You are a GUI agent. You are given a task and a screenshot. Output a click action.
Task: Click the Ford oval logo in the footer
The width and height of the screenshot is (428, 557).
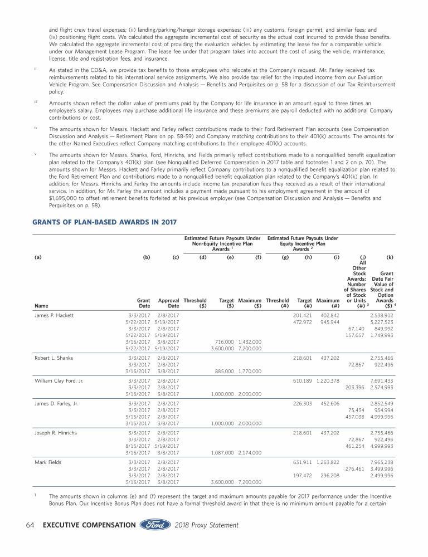click(155, 525)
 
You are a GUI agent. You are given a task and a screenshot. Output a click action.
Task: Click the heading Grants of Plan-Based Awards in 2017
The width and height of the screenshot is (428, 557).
click(105, 222)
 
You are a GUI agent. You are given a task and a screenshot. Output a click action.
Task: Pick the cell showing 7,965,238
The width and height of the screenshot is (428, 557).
click(382, 462)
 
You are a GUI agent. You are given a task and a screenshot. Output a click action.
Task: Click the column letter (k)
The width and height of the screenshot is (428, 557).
click(390, 258)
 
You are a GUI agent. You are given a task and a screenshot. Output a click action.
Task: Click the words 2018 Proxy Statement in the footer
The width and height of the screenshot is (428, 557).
click(207, 525)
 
